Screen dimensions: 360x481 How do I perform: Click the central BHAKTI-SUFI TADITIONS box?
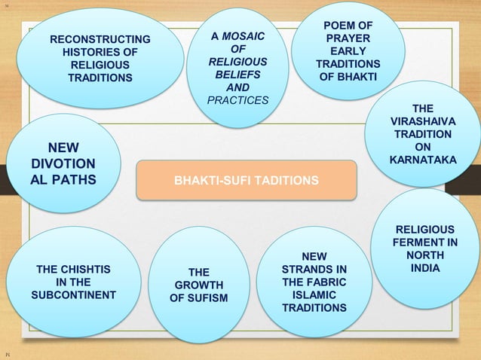pos(246,181)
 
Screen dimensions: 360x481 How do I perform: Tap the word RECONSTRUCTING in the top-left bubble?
pos(100,39)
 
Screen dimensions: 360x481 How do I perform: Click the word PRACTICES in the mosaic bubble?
pos(236,99)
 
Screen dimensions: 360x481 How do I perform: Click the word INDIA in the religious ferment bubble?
pos(427,268)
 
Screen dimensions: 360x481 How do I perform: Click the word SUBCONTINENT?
pos(73,294)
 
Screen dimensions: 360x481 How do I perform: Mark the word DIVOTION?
pos(63,163)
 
